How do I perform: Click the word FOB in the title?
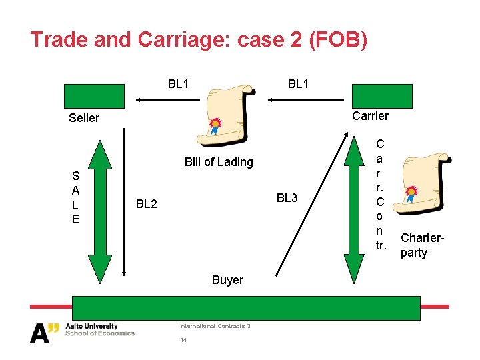point(336,40)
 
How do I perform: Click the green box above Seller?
point(94,96)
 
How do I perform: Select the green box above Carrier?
point(382,96)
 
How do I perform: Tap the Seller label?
point(84,118)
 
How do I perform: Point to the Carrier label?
point(370,116)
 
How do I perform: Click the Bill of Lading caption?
point(219,162)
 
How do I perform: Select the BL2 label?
point(147,203)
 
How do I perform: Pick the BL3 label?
point(287,198)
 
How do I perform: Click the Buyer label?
point(227,280)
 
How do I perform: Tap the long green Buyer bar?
point(247,309)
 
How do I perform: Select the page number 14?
point(183,340)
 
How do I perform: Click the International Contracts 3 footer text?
point(215,326)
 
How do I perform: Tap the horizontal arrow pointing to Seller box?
point(167,100)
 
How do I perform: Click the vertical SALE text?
point(76,197)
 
